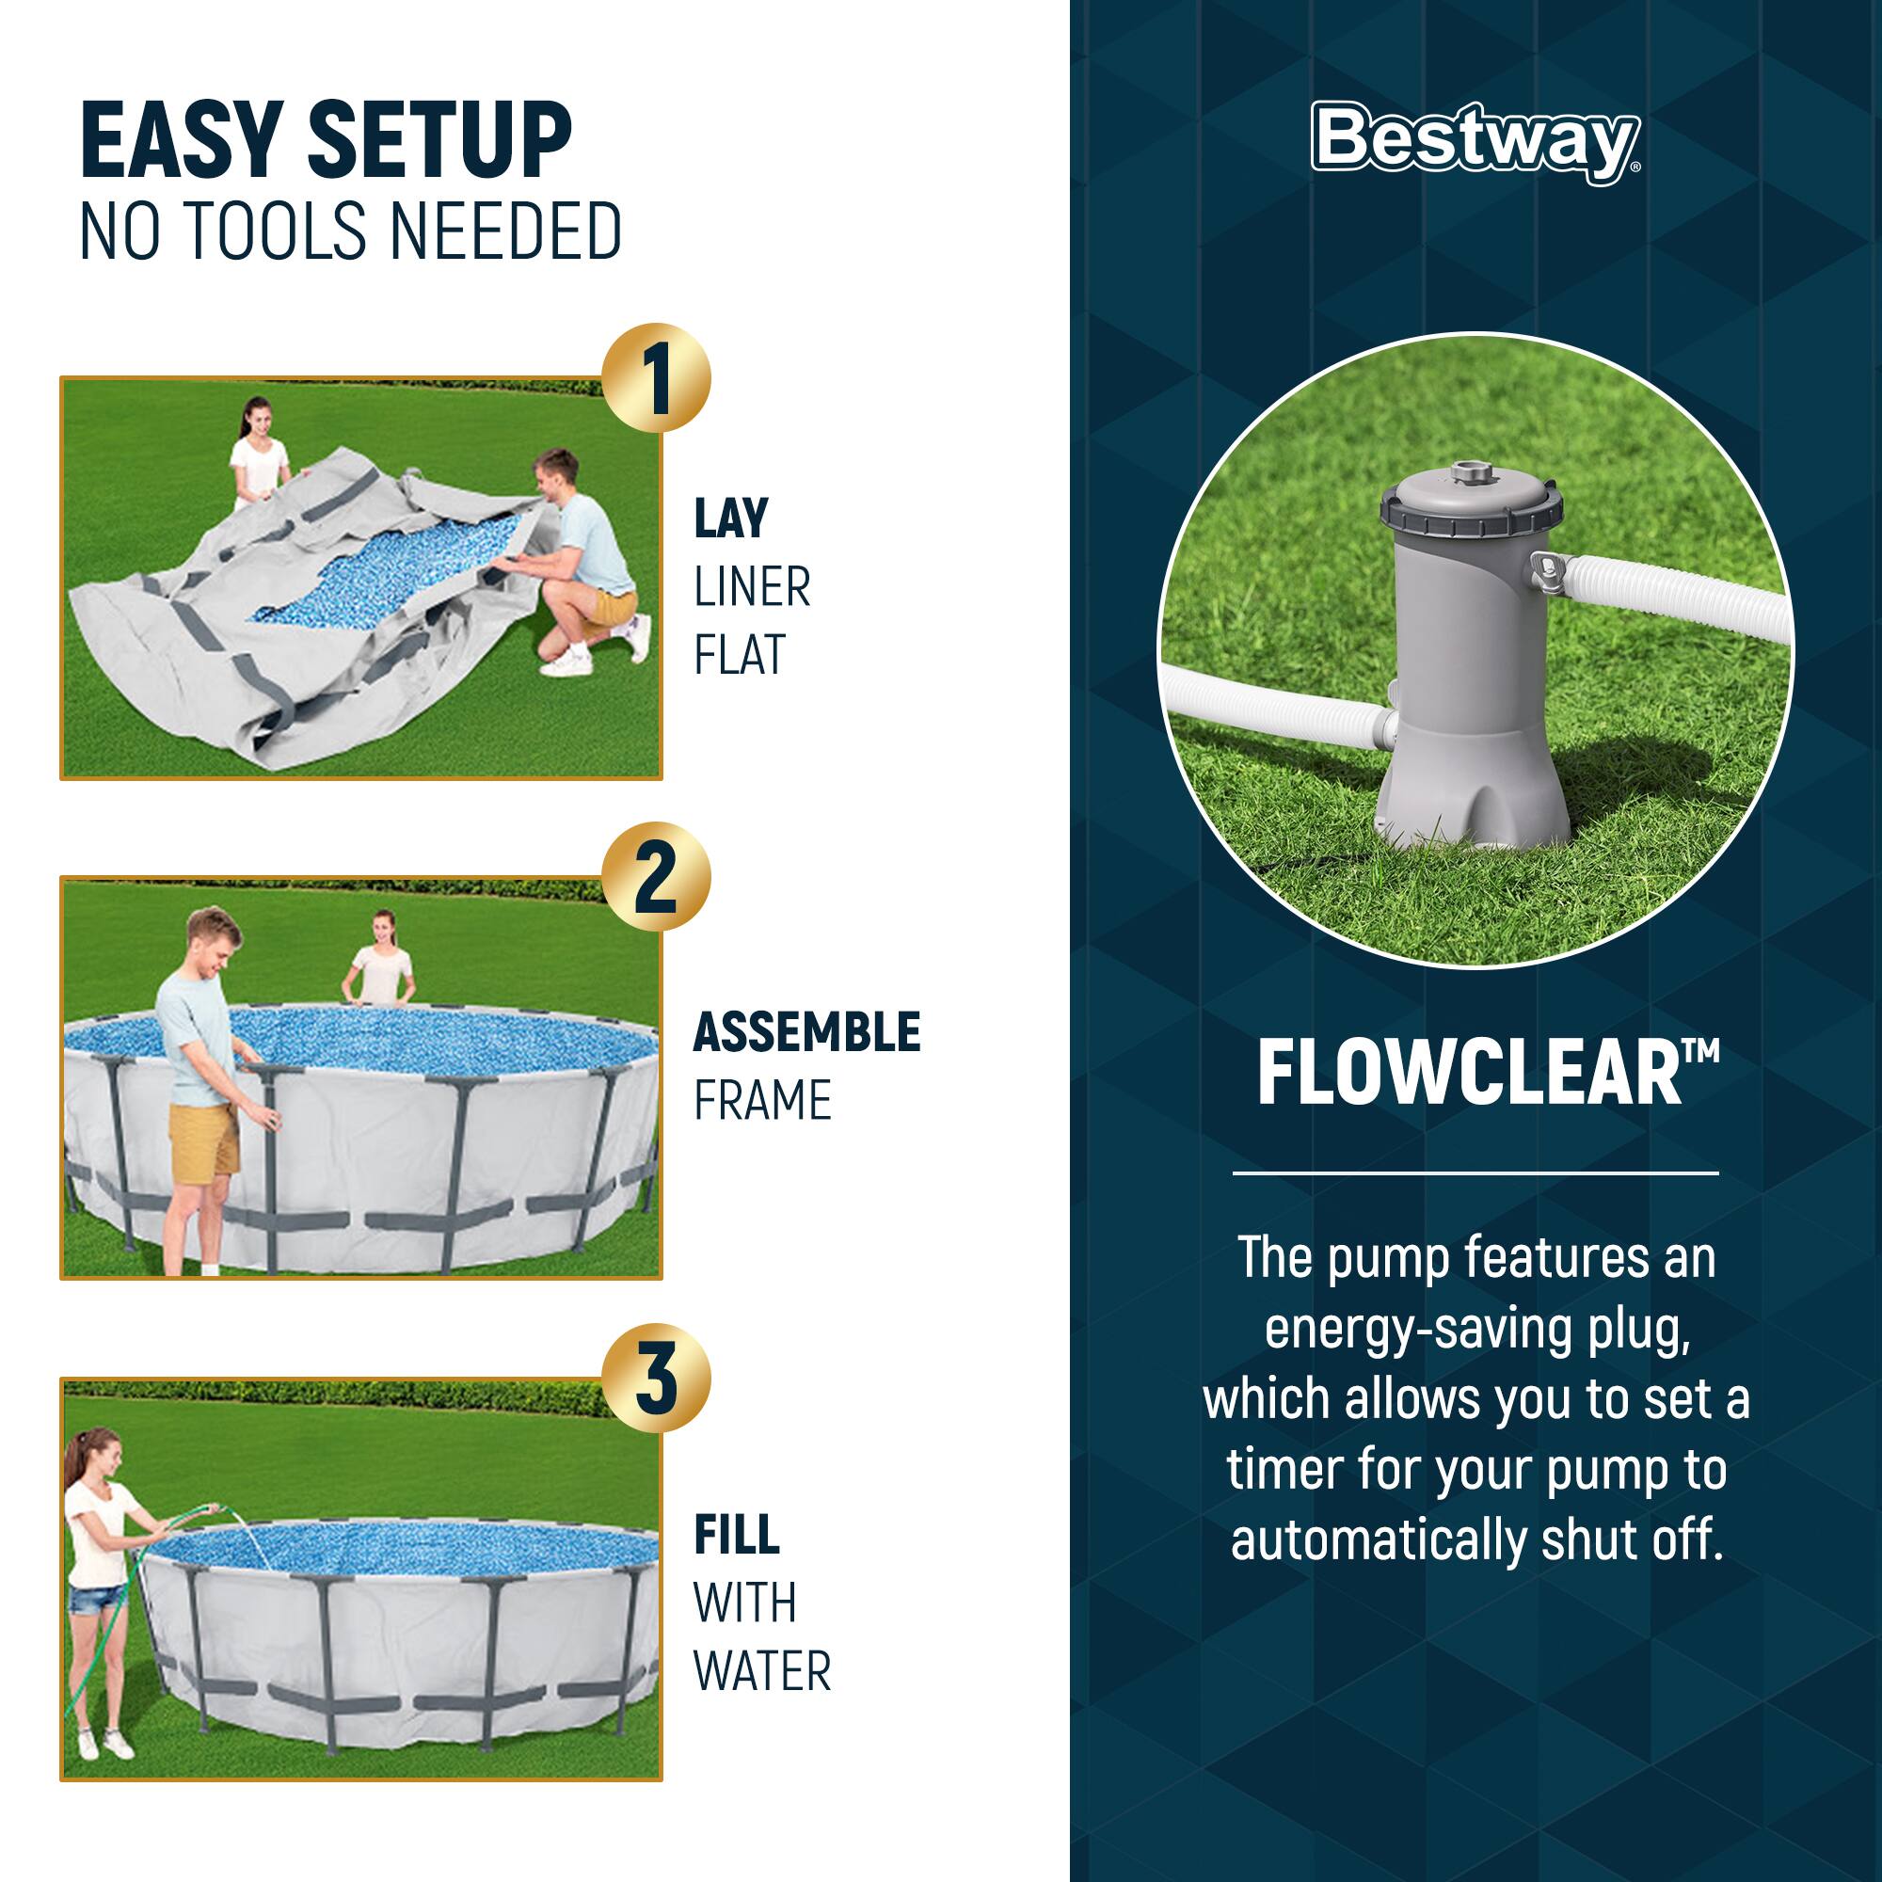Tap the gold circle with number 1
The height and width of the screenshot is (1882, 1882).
pyautogui.click(x=656, y=377)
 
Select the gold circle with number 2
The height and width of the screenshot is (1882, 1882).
pyautogui.click(x=656, y=877)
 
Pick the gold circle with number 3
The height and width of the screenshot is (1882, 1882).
pyautogui.click(x=656, y=1378)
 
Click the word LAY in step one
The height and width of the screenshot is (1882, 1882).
pyautogui.click(x=730, y=518)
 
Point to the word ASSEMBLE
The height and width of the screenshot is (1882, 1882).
pyautogui.click(x=805, y=1032)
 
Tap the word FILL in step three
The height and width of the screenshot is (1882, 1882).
pyautogui.click(x=737, y=1534)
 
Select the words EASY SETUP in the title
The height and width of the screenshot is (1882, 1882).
pyautogui.click(x=326, y=142)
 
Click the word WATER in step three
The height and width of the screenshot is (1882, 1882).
pyautogui.click(x=762, y=1671)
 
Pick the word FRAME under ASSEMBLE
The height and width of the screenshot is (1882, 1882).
pyautogui.click(x=762, y=1101)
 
